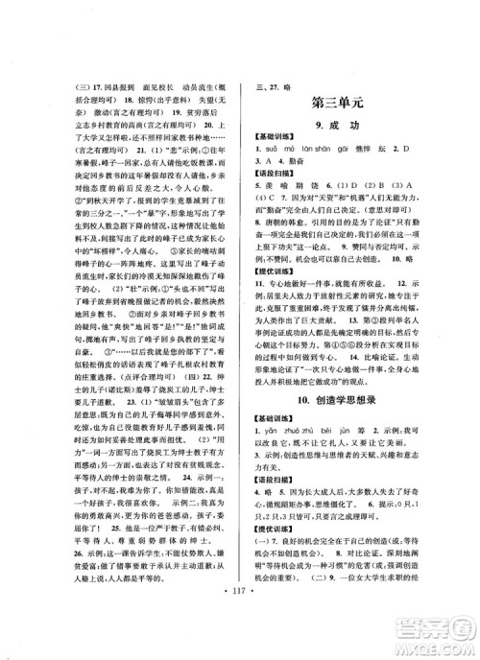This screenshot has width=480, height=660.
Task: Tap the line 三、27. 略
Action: coord(279,82)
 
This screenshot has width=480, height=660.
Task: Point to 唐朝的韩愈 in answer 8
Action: coord(278,245)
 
